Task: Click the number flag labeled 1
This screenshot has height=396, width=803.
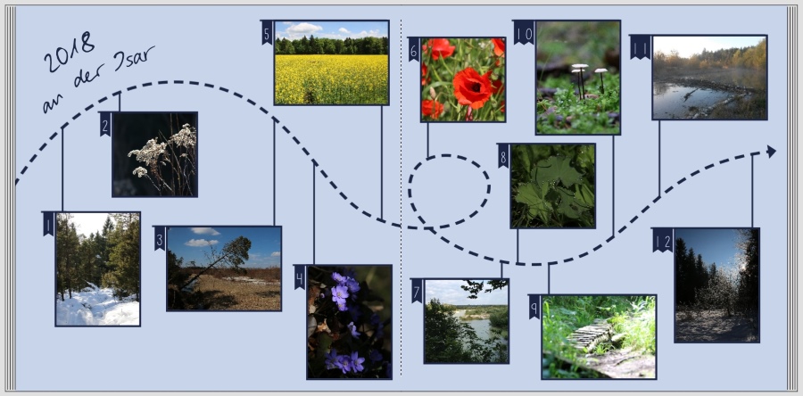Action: pos(48,224)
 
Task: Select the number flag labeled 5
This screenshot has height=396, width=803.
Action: pos(267,32)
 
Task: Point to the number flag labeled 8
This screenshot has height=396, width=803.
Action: pos(503,156)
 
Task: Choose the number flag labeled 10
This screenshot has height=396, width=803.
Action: pos(524,32)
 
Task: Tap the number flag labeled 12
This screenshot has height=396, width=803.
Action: pos(662,240)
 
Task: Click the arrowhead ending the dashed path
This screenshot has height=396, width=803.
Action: pos(771,152)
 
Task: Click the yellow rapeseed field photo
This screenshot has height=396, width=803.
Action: pos(332,64)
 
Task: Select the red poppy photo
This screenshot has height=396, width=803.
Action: pos(462,79)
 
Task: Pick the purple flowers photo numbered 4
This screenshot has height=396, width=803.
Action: pos(350,321)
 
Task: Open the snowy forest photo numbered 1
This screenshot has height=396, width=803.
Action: pos(97,268)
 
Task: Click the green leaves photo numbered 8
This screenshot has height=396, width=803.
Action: pos(553,186)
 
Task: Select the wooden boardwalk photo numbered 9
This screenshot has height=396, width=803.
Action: pos(599,336)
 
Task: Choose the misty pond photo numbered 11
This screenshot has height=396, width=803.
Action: pos(709,78)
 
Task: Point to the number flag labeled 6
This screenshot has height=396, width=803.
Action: pos(414,49)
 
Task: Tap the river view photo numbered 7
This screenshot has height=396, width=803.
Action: pos(466,321)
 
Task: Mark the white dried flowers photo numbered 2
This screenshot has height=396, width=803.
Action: pos(154,153)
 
